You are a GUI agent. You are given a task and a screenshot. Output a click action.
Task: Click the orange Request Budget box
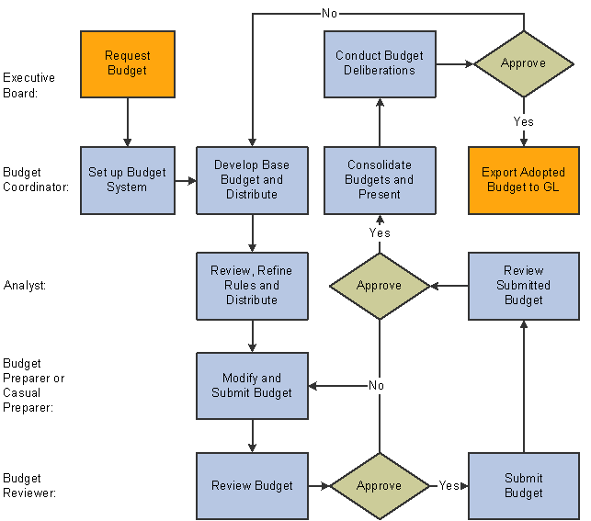click(x=127, y=63)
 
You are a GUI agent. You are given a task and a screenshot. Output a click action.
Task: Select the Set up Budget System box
click(x=127, y=180)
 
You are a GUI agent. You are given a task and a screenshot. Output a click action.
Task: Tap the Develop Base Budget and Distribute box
click(x=252, y=180)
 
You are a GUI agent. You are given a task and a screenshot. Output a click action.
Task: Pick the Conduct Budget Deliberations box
click(x=380, y=63)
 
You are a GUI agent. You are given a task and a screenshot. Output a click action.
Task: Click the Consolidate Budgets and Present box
click(x=380, y=180)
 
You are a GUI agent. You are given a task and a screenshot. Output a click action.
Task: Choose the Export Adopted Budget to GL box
click(x=524, y=180)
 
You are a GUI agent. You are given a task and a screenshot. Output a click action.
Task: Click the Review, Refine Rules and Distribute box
click(x=252, y=286)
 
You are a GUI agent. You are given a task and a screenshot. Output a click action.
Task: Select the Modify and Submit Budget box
click(x=252, y=386)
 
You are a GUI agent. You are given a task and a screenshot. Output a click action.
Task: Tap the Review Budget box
click(x=252, y=486)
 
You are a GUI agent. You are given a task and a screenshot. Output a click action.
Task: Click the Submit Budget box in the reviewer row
click(x=524, y=486)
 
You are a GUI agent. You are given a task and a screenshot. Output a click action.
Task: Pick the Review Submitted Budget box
click(x=524, y=286)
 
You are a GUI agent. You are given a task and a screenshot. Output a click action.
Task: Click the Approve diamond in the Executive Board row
click(x=523, y=63)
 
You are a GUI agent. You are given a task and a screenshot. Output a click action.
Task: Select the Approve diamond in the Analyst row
click(x=380, y=286)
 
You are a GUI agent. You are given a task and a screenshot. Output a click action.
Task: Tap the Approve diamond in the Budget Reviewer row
click(x=380, y=486)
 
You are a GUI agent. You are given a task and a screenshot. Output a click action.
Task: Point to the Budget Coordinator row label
click(x=34, y=179)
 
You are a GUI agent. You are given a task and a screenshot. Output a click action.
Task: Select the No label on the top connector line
click(x=329, y=14)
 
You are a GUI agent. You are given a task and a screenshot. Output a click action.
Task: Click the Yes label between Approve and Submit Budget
click(x=449, y=486)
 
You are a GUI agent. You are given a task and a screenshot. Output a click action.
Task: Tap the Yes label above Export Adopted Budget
click(x=523, y=121)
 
